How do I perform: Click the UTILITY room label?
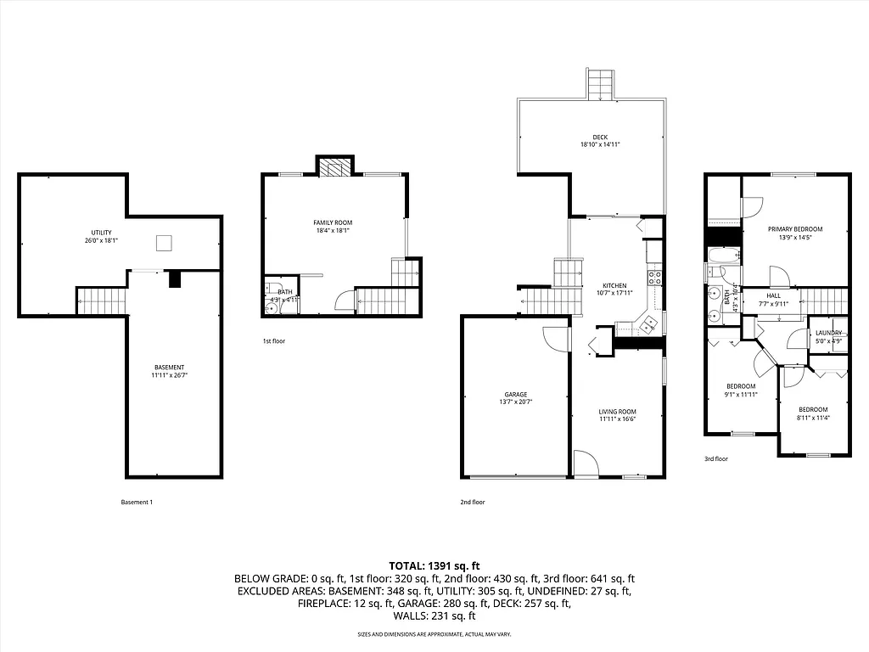(101, 233)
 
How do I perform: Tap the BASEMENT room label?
(170, 367)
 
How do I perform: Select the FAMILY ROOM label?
(333, 222)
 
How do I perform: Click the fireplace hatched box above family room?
(334, 166)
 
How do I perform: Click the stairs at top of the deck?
(600, 85)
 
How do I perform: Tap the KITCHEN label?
(614, 285)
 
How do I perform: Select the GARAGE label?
(516, 394)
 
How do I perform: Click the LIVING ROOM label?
(617, 411)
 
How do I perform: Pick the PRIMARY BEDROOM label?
(795, 229)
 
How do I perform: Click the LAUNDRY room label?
(828, 333)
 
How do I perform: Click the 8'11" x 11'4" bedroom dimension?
(812, 417)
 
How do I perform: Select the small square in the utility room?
(165, 244)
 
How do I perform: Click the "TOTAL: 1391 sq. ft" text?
(434, 565)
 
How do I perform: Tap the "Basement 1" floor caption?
(137, 502)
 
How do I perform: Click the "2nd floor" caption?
(472, 502)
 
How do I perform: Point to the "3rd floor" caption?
(715, 458)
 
